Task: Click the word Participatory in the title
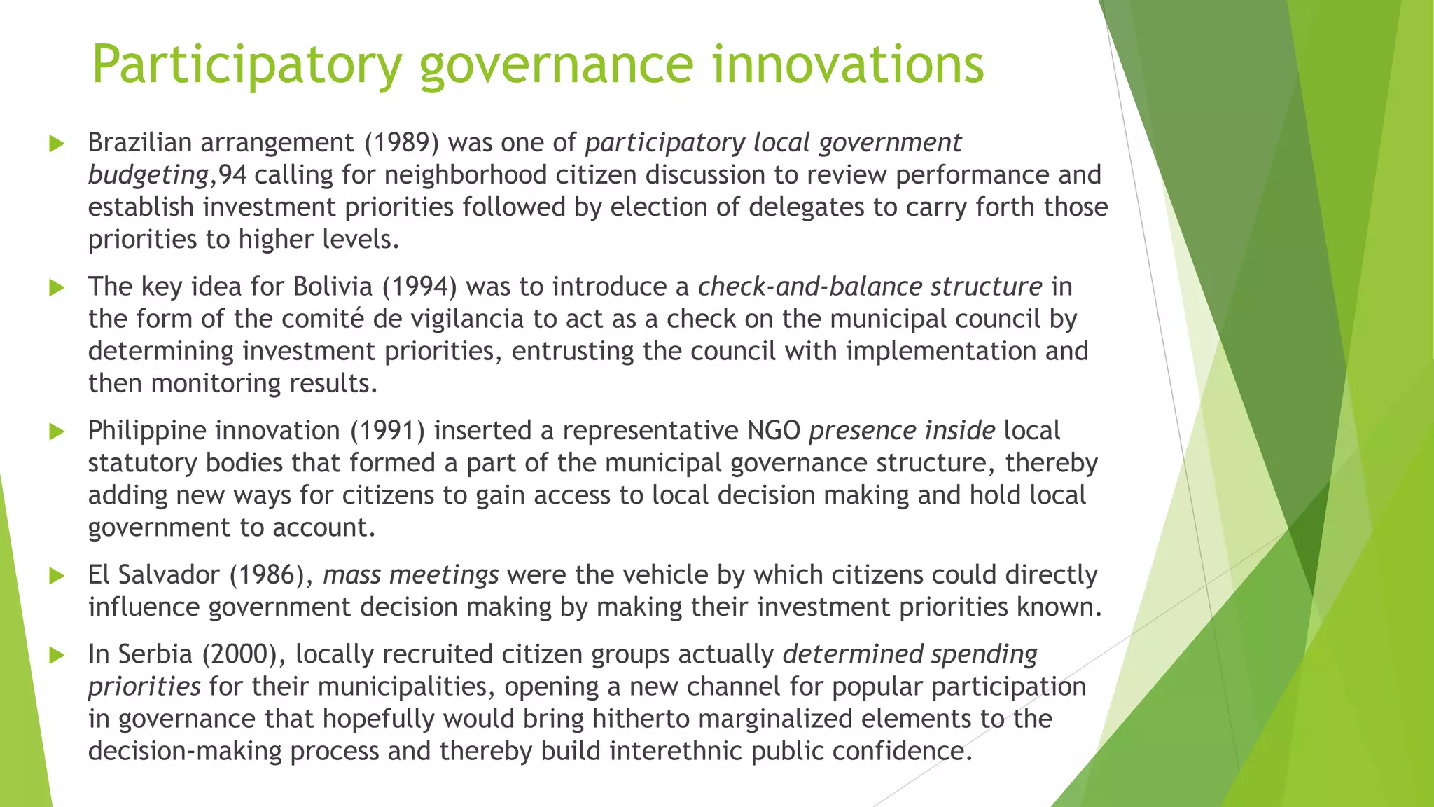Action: coord(246,65)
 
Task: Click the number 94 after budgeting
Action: coord(232,175)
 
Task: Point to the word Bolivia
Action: coord(333,287)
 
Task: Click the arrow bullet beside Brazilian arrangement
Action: coord(57,144)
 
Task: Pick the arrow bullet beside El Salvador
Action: coord(57,576)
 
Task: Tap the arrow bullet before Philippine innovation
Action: coord(57,432)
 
